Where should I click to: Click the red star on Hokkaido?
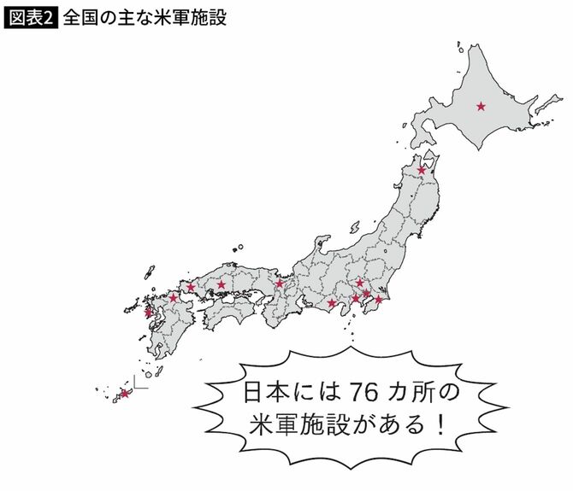(x=481, y=106)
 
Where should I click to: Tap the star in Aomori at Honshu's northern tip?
(x=421, y=170)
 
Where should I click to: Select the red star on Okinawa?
(x=125, y=393)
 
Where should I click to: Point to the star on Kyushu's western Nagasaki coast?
(x=149, y=313)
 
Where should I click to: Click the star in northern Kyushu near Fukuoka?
(x=174, y=298)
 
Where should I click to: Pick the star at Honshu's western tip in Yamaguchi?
(x=191, y=288)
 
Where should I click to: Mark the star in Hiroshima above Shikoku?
(x=222, y=284)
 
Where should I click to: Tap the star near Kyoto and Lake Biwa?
(x=280, y=283)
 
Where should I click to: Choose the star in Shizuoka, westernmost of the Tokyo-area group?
(x=332, y=302)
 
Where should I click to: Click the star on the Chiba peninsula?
(x=378, y=300)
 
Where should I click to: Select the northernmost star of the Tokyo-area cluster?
(x=359, y=283)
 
